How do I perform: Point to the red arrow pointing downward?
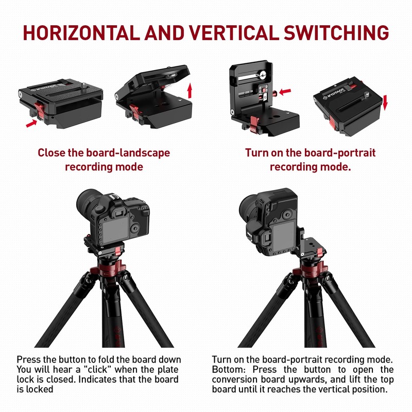point(384,101)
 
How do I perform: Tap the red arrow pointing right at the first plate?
point(31,123)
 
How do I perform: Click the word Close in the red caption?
point(52,153)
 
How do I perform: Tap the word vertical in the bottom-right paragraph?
point(336,389)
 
